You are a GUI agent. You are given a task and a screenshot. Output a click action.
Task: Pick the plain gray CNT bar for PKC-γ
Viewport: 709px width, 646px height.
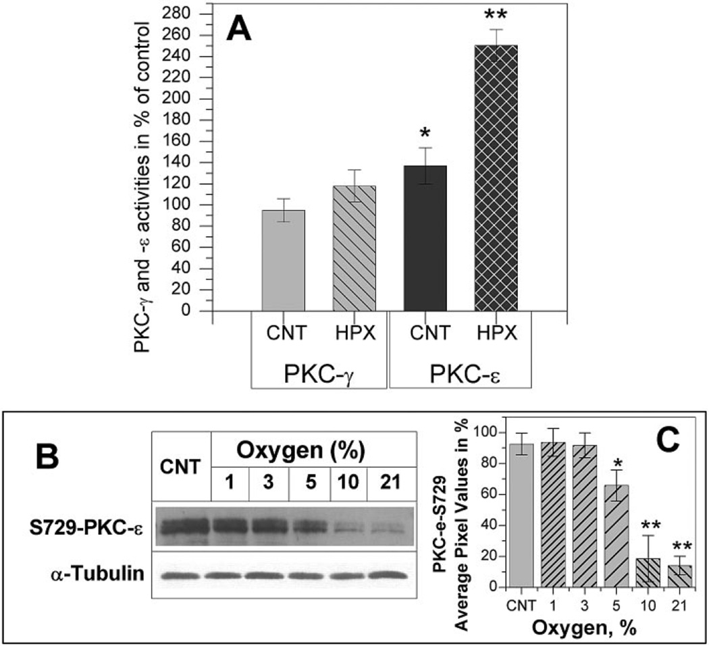(283, 261)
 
